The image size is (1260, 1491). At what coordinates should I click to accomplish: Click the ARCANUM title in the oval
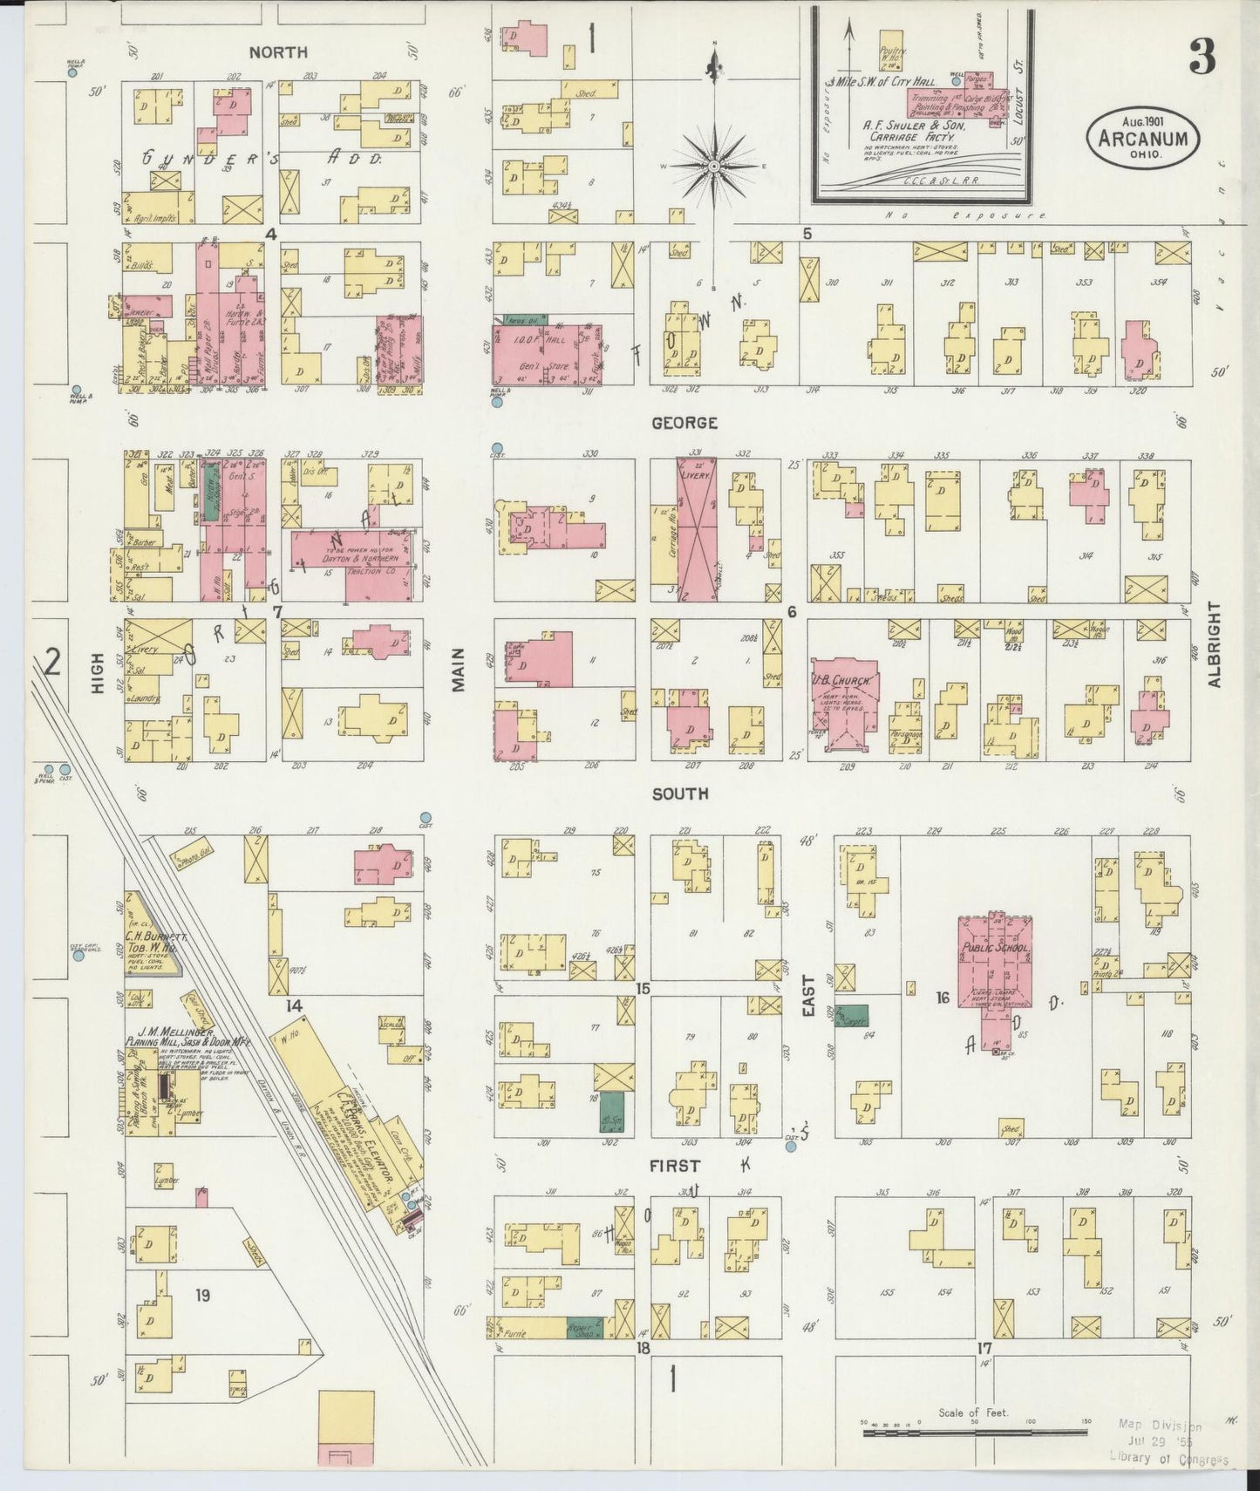coord(1142,140)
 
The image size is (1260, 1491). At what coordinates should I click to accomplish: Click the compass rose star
coord(714,165)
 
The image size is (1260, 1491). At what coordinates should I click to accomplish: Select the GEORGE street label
coord(684,423)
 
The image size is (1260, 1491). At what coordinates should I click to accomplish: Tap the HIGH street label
coord(98,673)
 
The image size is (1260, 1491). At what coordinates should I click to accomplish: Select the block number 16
coord(942,997)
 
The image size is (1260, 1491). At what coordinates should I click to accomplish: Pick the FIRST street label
coord(674,1165)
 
